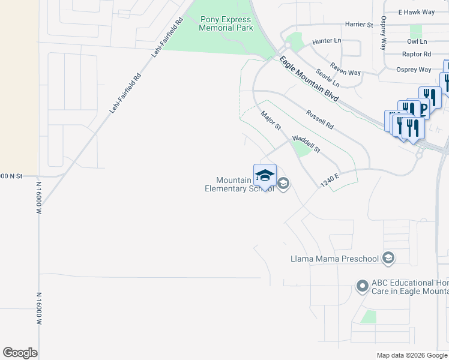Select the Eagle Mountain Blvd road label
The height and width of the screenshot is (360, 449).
tap(309, 79)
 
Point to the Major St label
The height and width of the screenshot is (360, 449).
tap(271, 120)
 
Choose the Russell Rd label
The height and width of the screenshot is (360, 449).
tap(319, 119)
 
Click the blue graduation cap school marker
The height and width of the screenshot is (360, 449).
tap(265, 175)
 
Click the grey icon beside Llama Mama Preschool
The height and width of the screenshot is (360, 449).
tap(388, 259)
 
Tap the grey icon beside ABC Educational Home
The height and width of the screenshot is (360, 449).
tap(362, 286)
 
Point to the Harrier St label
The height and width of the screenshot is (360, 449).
tap(359, 25)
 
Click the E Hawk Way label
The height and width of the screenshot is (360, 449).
tap(416, 12)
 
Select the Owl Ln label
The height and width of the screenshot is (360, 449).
tap(417, 41)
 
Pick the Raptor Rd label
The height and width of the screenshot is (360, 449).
tap(417, 54)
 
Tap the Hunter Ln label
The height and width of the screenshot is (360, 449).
tap(327, 41)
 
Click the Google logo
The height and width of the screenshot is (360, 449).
tap(20, 353)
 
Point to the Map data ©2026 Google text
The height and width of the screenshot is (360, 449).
tap(411, 355)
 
